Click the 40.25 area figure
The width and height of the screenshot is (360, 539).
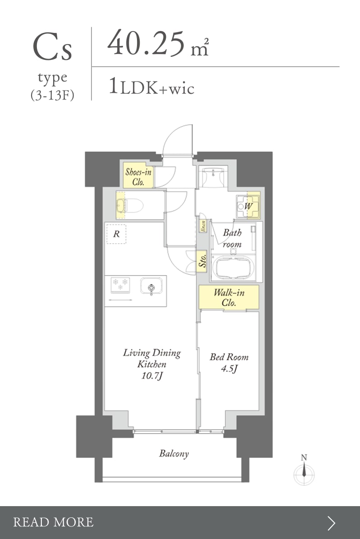pyautogui.click(x=146, y=43)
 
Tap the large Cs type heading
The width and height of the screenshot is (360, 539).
pyautogui.click(x=53, y=47)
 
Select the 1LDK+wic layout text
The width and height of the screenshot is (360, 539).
pyautogui.click(x=152, y=86)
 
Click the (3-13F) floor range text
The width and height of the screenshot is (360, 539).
pyautogui.click(x=52, y=95)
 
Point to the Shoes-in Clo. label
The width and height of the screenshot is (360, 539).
pyautogui.click(x=138, y=177)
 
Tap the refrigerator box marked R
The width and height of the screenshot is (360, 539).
pyautogui.click(x=116, y=234)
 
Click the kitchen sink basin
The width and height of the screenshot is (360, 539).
pyautogui.click(x=151, y=287)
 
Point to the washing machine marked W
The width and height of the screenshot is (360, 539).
pyautogui.click(x=247, y=206)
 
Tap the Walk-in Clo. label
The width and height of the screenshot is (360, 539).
pyautogui.click(x=229, y=297)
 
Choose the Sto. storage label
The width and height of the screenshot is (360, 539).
pyautogui.click(x=202, y=260)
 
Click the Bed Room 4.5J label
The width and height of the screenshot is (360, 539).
pyautogui.click(x=229, y=362)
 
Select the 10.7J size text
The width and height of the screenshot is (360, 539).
pyautogui.click(x=152, y=376)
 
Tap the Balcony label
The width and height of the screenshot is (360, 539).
pyautogui.click(x=174, y=454)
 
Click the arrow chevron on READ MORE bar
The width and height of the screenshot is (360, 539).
pyautogui.click(x=331, y=523)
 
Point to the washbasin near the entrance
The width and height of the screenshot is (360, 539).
pyautogui.click(x=213, y=177)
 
